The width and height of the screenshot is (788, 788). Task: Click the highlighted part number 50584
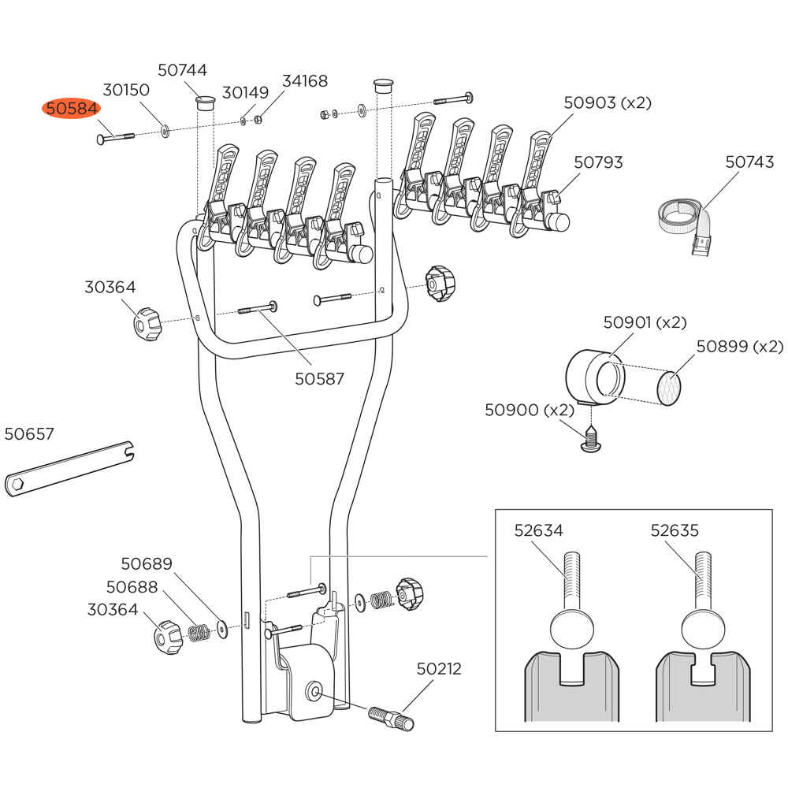pyautogui.click(x=71, y=109)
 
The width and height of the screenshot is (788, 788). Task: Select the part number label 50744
pyautogui.click(x=182, y=70)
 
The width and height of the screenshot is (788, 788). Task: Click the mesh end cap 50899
pyautogui.click(x=669, y=388)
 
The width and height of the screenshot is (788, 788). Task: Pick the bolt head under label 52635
pyautogui.click(x=704, y=630)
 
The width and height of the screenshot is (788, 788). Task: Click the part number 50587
pyautogui.click(x=319, y=379)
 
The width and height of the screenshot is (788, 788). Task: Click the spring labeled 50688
pyautogui.click(x=198, y=632)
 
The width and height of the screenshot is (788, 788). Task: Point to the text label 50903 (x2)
pyautogui.click(x=608, y=102)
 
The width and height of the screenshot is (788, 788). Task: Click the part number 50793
pyautogui.click(x=598, y=162)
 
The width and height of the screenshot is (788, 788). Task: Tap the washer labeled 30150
pyautogui.click(x=165, y=131)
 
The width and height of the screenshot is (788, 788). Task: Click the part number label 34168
pyautogui.click(x=305, y=81)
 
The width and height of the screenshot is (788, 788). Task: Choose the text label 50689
pyautogui.click(x=147, y=564)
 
